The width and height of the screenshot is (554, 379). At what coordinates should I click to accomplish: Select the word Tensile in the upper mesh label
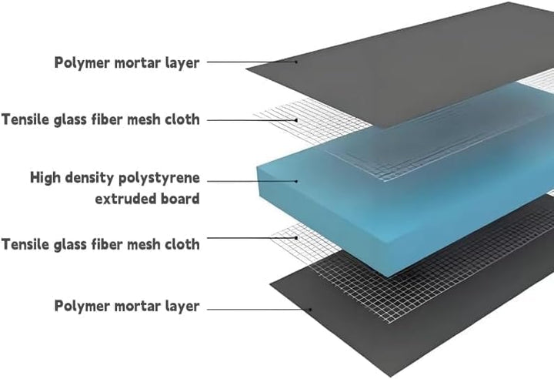coord(25,119)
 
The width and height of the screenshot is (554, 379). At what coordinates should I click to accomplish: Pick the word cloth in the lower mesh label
coord(182,244)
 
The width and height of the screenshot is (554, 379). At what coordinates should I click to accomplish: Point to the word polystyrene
coord(159,179)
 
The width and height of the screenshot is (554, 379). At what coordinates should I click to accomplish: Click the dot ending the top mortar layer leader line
coord(296,62)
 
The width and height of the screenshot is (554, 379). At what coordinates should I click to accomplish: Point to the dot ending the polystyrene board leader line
coord(296,181)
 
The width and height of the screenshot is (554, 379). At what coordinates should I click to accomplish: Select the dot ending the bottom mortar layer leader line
coord(310,310)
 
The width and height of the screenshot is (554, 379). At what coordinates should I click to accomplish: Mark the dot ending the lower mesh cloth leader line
coord(296,238)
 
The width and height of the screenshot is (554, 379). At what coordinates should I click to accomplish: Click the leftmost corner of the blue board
coord(257,166)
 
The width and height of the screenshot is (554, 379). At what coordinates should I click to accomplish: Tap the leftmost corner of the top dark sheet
coord(246,68)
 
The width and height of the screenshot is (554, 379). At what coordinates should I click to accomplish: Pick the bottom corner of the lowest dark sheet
coord(391,377)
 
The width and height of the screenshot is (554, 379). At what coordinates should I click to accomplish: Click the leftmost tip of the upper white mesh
coord(254,114)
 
